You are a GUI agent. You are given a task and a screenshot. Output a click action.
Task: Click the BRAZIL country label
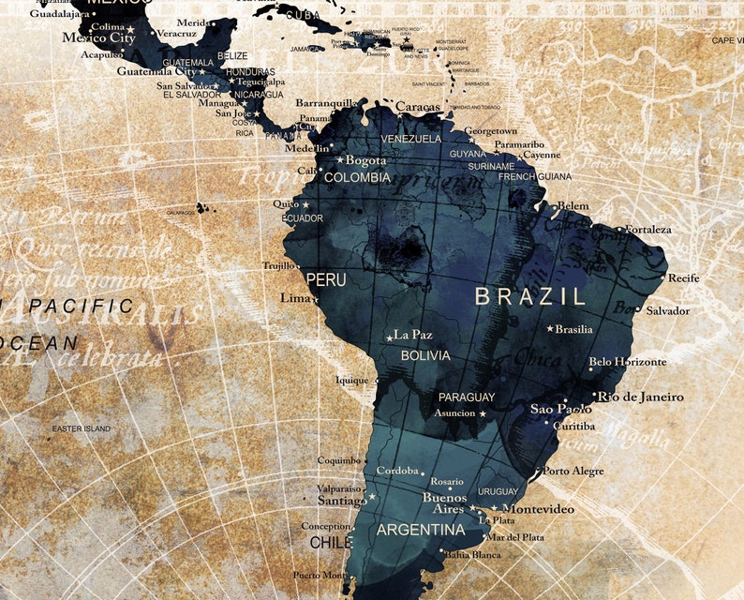[x=529, y=296]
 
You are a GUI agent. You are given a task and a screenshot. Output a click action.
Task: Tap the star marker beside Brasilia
[x=550, y=328]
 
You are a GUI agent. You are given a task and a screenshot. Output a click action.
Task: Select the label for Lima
[x=295, y=298]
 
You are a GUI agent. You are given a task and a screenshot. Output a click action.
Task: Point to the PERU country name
[x=326, y=280]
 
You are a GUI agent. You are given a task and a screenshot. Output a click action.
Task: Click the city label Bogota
[x=365, y=160]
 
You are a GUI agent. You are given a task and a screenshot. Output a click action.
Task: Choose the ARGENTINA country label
[x=420, y=530]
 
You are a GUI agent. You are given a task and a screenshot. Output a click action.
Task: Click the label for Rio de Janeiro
[x=641, y=397]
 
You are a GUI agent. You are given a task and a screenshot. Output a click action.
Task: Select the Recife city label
[x=683, y=277]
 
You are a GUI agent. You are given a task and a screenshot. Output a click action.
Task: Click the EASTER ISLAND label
[x=81, y=428]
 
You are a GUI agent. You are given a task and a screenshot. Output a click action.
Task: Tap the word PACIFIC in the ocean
[x=82, y=306]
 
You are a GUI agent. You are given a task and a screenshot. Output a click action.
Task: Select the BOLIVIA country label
[x=425, y=356]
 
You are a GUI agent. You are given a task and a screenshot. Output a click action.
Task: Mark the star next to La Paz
[x=389, y=337]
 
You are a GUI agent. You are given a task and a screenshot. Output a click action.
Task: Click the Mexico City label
[x=98, y=38]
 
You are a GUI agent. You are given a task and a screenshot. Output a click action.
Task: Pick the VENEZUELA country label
[x=410, y=139]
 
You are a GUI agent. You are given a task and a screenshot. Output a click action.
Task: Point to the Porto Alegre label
[x=573, y=471]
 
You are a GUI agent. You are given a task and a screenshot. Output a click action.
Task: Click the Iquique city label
[x=353, y=381]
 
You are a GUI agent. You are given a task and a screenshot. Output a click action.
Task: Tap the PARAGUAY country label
[x=467, y=397]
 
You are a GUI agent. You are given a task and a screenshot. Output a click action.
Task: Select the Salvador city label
[x=667, y=310]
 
